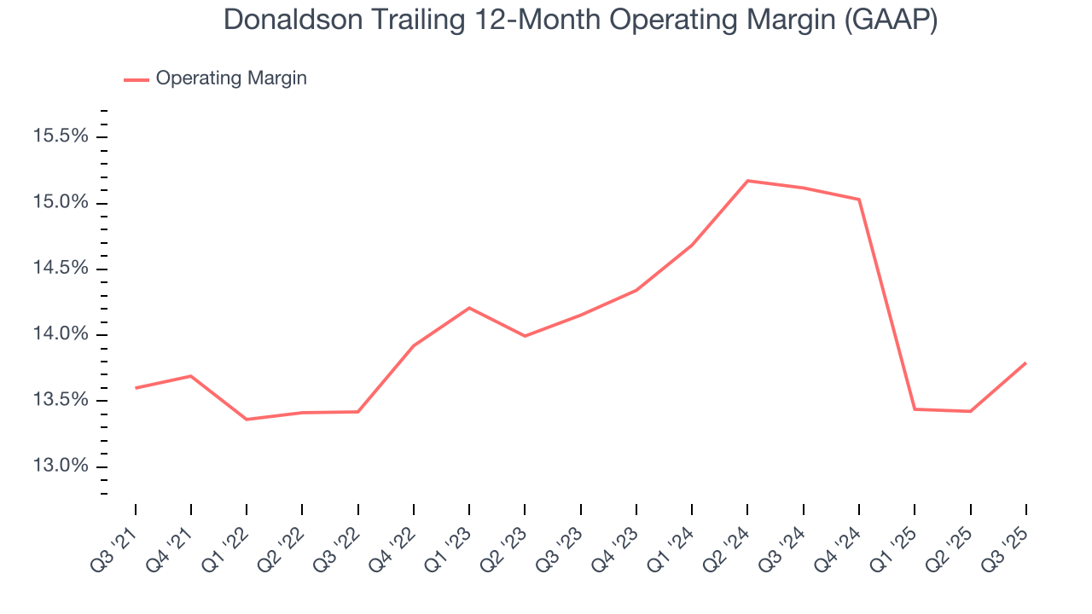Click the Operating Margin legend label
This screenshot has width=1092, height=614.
click(231, 78)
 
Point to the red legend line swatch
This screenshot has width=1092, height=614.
click(136, 79)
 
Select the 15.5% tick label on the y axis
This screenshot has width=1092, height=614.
click(60, 136)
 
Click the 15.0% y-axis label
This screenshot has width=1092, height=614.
click(60, 203)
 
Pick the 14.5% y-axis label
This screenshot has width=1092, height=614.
click(60, 269)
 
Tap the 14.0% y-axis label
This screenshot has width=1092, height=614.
click(60, 334)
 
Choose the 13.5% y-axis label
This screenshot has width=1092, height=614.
click(60, 401)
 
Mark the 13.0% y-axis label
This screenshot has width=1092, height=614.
click(60, 466)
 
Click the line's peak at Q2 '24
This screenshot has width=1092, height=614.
click(747, 181)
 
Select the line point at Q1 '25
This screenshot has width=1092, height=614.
click(915, 409)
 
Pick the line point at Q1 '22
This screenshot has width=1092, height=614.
click(247, 420)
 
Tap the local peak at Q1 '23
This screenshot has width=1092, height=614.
click(469, 308)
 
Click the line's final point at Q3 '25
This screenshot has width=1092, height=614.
click(1025, 363)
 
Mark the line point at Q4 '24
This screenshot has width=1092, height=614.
click(859, 200)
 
